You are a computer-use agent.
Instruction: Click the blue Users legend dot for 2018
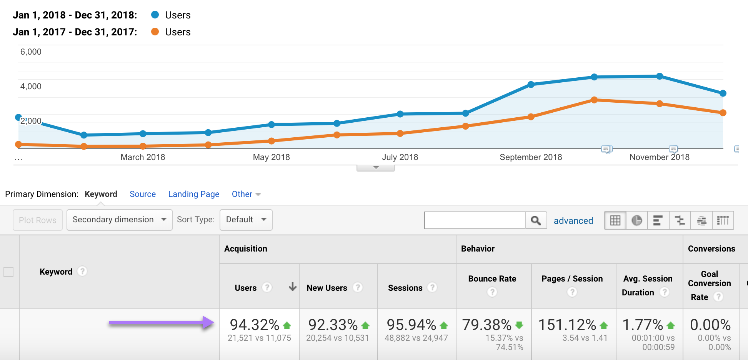(x=155, y=15)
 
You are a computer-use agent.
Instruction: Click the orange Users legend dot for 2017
(x=155, y=32)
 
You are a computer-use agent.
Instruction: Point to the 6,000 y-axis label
(x=31, y=52)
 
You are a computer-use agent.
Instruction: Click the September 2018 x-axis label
(x=530, y=157)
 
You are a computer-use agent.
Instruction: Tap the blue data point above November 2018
(x=660, y=76)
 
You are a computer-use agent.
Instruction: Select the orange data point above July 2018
(x=400, y=133)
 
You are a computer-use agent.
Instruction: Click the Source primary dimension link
(x=143, y=194)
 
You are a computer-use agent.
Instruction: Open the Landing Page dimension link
(x=193, y=194)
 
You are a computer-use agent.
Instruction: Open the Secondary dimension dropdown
(x=119, y=220)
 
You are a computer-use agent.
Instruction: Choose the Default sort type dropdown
(x=246, y=220)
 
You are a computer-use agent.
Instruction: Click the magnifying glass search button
(x=536, y=220)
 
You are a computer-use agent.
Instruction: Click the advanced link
(x=573, y=221)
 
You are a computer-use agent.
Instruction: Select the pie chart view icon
(x=636, y=220)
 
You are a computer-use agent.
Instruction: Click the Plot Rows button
(x=38, y=220)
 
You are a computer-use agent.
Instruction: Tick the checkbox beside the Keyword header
(x=8, y=272)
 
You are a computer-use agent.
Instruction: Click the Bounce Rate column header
(x=492, y=279)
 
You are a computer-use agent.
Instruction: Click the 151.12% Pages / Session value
(x=567, y=325)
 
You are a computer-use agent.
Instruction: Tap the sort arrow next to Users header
(x=293, y=287)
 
